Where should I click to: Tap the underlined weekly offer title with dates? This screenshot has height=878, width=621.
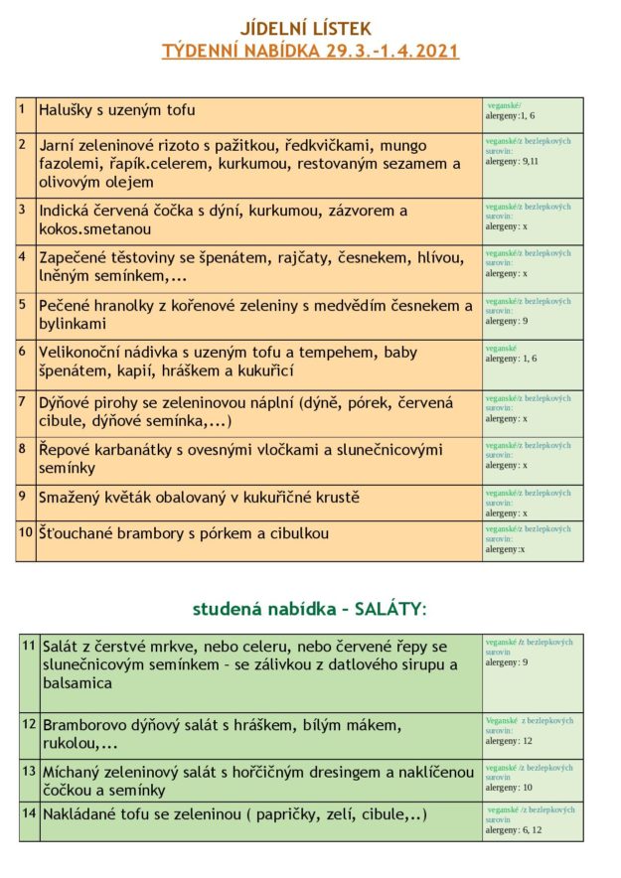pyautogui.click(x=310, y=51)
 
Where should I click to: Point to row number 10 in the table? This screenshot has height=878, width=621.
pyautogui.click(x=26, y=532)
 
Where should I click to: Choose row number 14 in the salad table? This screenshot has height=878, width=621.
pyautogui.click(x=29, y=813)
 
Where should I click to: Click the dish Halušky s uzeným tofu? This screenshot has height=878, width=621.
pyautogui.click(x=116, y=109)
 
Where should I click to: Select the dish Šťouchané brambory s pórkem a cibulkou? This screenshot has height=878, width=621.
pyautogui.click(x=184, y=533)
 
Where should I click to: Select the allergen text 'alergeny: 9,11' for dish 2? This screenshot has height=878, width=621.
pyautogui.click(x=512, y=161)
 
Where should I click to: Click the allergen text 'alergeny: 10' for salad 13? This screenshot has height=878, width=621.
pyautogui.click(x=508, y=788)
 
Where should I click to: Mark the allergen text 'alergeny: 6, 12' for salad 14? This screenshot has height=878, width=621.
pyautogui.click(x=513, y=830)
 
